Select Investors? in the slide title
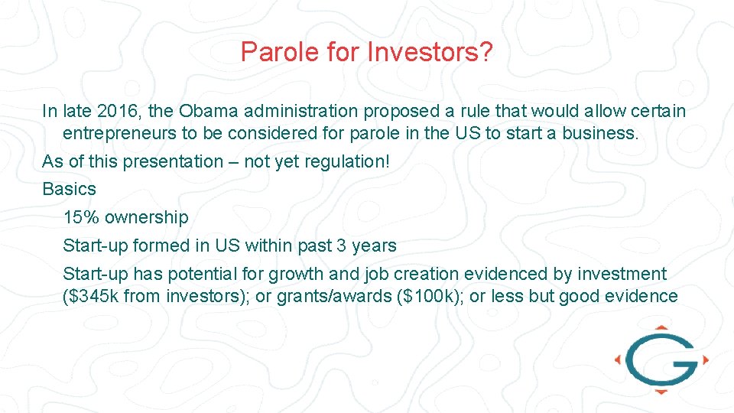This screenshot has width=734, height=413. coord(430,52)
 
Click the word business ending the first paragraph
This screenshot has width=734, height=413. coord(599,133)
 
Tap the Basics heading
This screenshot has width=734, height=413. coord(70,189)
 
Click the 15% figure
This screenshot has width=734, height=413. coord(81,217)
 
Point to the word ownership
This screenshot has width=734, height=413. coord(146,217)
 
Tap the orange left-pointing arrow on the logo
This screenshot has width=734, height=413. coord(619,359)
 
